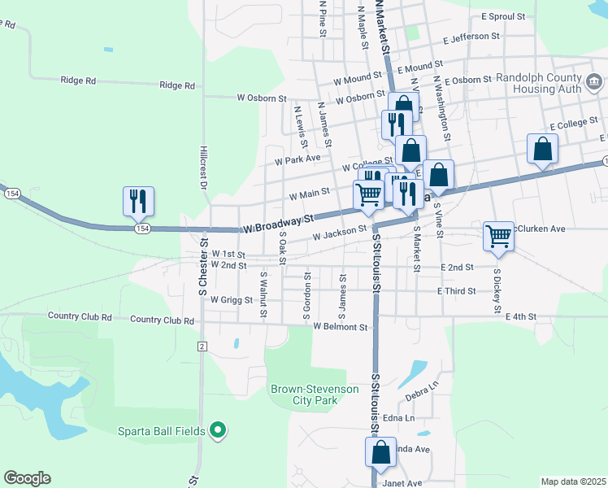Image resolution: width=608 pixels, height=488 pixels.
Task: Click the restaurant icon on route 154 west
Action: (138, 200)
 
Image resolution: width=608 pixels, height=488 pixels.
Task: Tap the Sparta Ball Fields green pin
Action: (217, 430)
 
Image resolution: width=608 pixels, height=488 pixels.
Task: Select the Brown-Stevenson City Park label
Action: (315, 394)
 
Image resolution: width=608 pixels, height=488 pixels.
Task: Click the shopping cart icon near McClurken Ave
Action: (498, 236)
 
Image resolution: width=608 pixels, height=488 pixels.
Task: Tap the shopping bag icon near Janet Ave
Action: (380, 453)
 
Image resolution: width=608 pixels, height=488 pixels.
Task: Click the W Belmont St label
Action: (341, 327)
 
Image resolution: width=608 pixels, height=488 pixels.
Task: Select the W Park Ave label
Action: (298, 160)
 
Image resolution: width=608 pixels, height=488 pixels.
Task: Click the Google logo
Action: (27, 478)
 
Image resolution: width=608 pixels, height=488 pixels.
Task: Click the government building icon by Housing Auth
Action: (593, 82)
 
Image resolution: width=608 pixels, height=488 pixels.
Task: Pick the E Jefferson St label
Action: (471, 37)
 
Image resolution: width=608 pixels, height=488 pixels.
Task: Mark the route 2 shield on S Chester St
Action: (202, 346)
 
